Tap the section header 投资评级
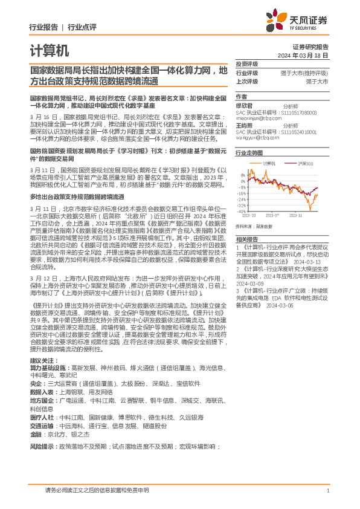[247, 63]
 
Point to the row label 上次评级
[247, 80]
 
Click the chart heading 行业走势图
[249, 154]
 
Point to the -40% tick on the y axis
[242, 211]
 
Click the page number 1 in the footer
[327, 491]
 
